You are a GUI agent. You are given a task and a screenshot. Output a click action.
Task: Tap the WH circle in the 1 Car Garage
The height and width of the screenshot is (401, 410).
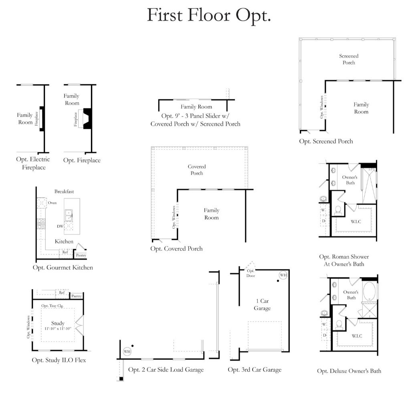[x=283, y=275]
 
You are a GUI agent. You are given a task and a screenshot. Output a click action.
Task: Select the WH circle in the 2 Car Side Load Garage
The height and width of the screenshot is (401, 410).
[x=127, y=351]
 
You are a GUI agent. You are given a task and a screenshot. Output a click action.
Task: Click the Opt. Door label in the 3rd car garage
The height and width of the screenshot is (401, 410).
[x=251, y=273]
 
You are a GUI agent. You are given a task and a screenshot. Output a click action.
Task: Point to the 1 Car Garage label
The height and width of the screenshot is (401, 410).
[x=262, y=304]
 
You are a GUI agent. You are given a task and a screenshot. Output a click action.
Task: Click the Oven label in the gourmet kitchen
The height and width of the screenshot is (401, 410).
[x=53, y=203]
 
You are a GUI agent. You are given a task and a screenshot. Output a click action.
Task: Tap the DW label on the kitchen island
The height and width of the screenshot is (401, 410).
[x=60, y=227]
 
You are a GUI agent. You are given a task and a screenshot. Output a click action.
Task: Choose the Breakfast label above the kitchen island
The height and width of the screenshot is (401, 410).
[x=64, y=192]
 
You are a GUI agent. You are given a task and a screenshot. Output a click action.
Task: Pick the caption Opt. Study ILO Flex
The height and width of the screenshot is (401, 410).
[x=59, y=360]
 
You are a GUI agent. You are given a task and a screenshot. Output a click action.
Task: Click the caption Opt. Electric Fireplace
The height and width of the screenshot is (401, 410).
[x=33, y=163]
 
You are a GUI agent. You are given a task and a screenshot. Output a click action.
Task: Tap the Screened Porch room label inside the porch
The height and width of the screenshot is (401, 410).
[x=349, y=59]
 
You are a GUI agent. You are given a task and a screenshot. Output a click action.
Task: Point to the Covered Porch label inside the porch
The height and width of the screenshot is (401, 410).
[x=197, y=170]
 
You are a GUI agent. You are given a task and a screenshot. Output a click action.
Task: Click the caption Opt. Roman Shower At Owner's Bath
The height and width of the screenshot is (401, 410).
[x=344, y=260]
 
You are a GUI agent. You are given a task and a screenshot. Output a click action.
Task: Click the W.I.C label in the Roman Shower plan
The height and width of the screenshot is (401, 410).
[x=356, y=222]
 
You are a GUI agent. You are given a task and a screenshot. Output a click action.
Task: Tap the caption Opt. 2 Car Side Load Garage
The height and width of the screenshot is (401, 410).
[x=166, y=369]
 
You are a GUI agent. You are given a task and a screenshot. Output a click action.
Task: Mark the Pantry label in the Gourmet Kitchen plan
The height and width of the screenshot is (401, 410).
[x=81, y=255]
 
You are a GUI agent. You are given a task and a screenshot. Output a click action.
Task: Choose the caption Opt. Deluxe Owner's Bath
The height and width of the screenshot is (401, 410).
[x=349, y=371]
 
